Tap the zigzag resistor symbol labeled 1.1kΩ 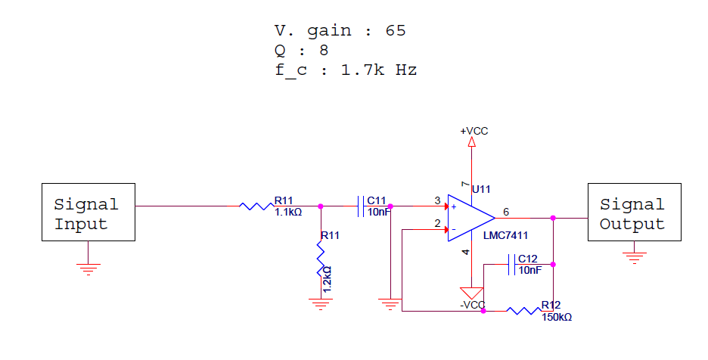[x=256, y=206]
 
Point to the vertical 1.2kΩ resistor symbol [x=321, y=259]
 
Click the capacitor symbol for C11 [x=361, y=206]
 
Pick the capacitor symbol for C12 [x=511, y=265]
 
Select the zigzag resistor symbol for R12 [x=523, y=311]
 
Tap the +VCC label [x=474, y=131]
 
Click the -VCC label [x=472, y=305]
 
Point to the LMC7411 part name [x=505, y=235]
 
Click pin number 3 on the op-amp [x=437, y=200]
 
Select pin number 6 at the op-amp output [x=506, y=212]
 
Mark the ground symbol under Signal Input [x=88, y=269]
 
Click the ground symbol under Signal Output [x=635, y=258]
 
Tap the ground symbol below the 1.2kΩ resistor [x=321, y=305]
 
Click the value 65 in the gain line [x=396, y=31]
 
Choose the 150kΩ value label [x=557, y=318]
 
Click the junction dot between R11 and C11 [x=321, y=206]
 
